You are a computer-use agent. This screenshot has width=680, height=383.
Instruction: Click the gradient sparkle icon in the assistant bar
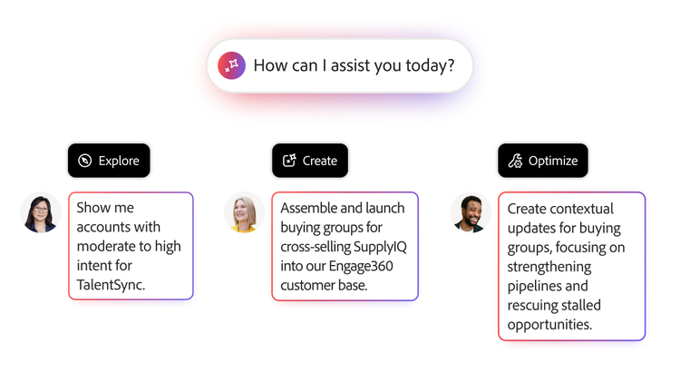pos(231,65)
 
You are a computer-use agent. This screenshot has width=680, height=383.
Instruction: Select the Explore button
pos(109,161)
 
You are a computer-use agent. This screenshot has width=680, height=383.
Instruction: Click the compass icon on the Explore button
pos(85,161)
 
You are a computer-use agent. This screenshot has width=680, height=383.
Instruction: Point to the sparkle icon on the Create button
pos(289,161)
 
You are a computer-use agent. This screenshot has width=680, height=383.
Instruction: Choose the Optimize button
pos(542,161)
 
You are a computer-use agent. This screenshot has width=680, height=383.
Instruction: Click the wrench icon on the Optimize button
pos(515,161)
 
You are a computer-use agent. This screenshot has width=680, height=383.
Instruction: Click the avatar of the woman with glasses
pos(40,214)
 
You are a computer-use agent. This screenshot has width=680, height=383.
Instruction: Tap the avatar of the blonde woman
pos(243,213)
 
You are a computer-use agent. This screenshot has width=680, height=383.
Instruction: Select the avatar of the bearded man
pos(470,214)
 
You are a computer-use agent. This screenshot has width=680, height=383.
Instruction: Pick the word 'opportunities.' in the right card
pos(549,324)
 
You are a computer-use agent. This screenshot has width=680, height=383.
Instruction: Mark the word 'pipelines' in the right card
pos(536,286)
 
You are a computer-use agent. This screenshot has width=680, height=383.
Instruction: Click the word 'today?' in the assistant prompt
pos(431,65)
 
